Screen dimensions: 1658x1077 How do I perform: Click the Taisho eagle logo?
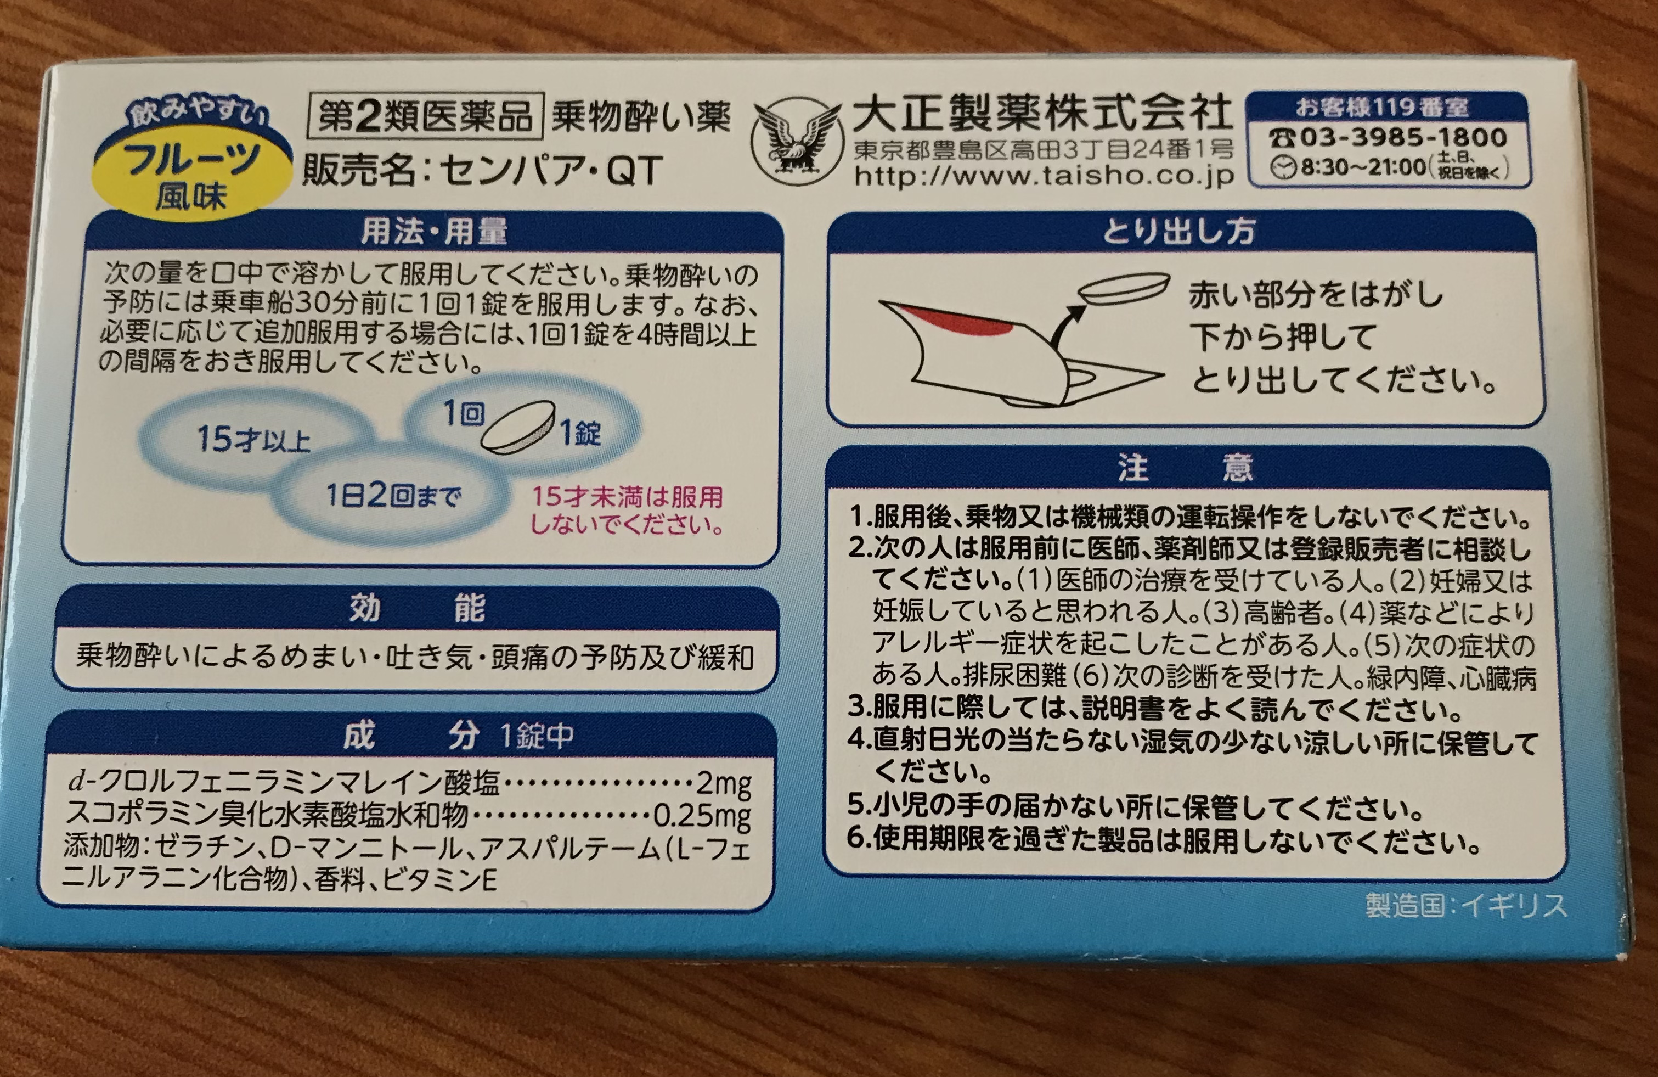[797, 144]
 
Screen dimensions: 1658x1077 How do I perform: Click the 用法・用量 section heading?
[433, 233]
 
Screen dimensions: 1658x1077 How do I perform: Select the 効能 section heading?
[416, 609]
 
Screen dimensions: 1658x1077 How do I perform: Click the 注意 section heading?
[1186, 468]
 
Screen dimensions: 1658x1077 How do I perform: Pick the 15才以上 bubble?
[254, 439]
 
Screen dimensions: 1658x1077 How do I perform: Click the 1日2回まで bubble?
[393, 496]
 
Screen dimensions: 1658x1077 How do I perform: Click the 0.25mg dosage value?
[702, 816]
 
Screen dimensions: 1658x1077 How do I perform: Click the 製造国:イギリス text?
[1466, 906]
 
